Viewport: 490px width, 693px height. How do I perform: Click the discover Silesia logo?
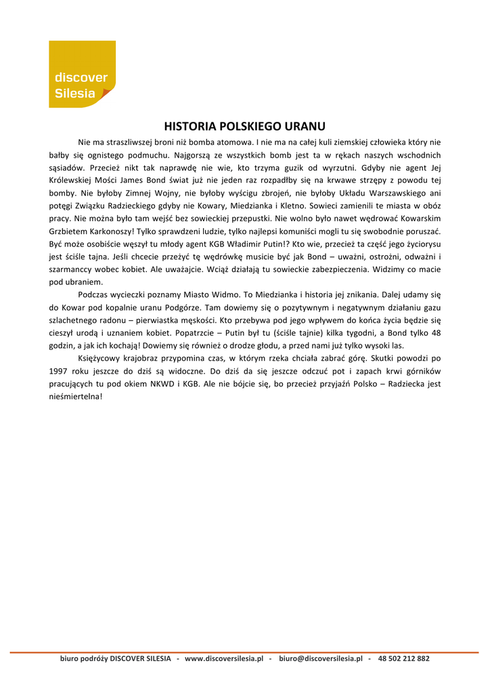[82, 74]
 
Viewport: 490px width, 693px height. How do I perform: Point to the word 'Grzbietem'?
[74, 231]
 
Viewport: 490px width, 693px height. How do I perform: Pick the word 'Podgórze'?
[182, 308]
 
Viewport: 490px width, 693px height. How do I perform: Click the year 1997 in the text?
[60, 372]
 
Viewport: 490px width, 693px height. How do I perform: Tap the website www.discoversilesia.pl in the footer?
[224, 658]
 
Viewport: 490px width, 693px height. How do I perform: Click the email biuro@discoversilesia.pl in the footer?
[321, 658]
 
